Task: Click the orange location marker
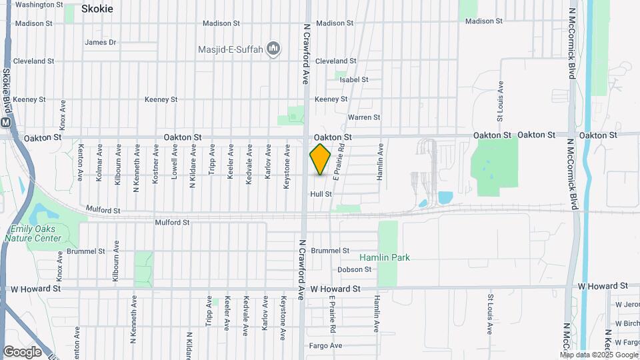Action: coord(320,159)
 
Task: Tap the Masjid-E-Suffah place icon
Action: coord(273,49)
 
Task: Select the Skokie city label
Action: coord(97,9)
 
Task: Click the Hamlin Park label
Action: coord(385,257)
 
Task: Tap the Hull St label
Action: coord(321,194)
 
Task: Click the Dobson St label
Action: coord(354,269)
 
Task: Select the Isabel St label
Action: coord(354,79)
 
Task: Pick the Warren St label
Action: coord(364,117)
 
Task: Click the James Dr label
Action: coord(101,42)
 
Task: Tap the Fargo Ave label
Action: coord(326,345)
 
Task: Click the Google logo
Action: coord(22,351)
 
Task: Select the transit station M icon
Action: coord(6,123)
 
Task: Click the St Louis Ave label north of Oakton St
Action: coord(500,97)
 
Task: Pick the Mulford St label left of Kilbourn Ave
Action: coord(103,210)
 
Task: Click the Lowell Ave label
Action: coord(174,165)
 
